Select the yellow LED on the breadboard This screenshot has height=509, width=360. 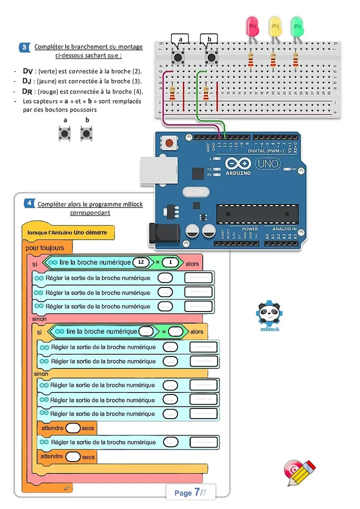click(275, 25)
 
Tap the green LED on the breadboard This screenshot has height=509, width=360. click(297, 25)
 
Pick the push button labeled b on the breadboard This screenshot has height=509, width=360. click(211, 57)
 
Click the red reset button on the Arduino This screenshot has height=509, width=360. click(170, 143)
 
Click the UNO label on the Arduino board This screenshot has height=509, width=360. click(268, 163)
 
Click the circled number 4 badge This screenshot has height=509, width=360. click(29, 203)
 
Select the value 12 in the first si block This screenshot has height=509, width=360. click(141, 262)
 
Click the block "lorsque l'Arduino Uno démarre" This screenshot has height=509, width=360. click(67, 232)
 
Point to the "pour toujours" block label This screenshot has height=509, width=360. click(45, 248)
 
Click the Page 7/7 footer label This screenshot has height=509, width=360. click(190, 492)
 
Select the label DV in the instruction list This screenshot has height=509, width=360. click(27, 71)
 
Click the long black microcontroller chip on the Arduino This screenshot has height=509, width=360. click(257, 213)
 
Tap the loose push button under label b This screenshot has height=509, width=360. click(87, 133)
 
